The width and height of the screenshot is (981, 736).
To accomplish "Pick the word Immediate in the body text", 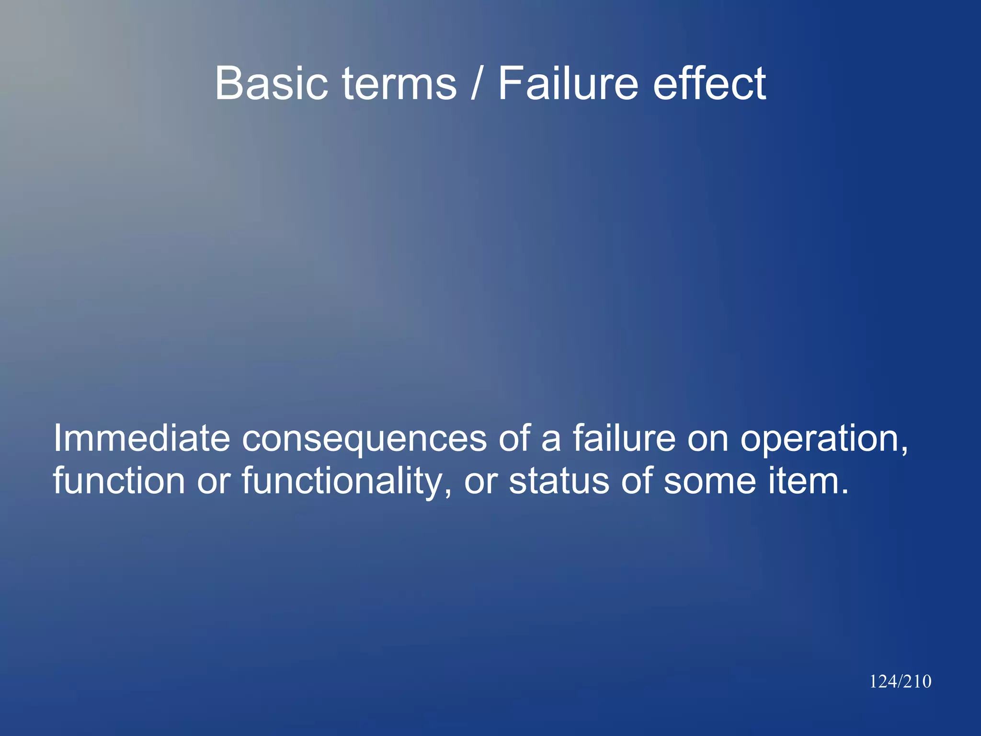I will [x=142, y=438].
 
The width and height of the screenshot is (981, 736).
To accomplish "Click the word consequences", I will [x=364, y=438].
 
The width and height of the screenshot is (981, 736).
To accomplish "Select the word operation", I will [x=824, y=438].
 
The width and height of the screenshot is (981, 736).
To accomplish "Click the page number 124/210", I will [x=900, y=681].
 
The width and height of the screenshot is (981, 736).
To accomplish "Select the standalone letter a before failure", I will [x=551, y=438].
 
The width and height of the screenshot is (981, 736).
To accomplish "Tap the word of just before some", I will [x=637, y=480].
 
